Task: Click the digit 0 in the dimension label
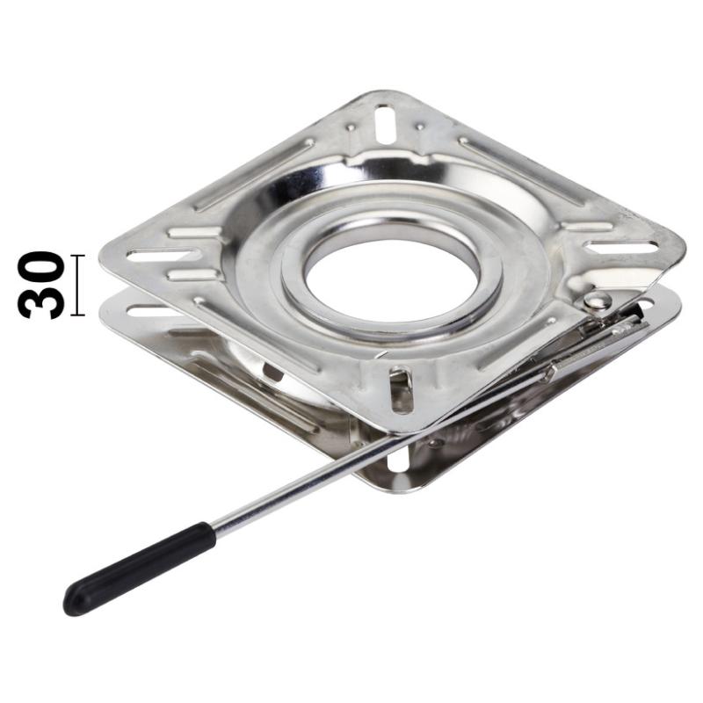40,267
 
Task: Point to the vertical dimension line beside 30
77,285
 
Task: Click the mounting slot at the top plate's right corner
622,247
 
